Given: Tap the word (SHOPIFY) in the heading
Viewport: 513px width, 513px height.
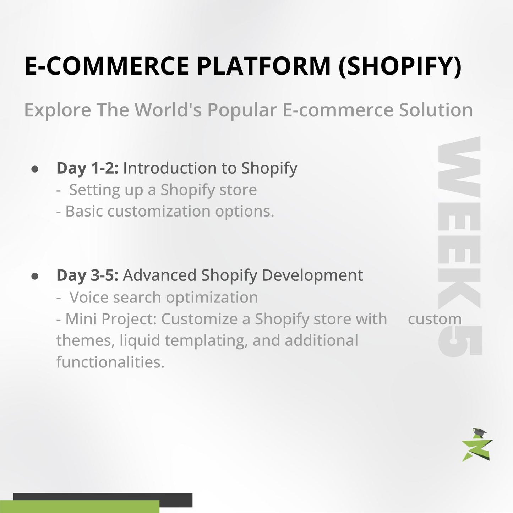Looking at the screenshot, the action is [400, 66].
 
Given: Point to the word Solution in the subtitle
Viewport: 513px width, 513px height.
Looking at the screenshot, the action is [436, 110].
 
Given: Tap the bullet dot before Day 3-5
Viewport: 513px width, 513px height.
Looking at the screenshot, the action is [35, 276].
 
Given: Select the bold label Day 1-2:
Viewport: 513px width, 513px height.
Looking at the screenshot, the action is [87, 168].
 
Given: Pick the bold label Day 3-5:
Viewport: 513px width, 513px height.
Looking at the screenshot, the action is [87, 275].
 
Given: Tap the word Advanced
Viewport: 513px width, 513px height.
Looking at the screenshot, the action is [159, 275].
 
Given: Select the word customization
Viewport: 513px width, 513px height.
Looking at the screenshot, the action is [159, 212].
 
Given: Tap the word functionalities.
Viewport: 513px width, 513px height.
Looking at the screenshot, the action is [110, 362].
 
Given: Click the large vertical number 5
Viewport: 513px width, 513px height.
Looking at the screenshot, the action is [460, 340].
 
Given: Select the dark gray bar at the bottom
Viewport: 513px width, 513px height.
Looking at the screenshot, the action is [103, 497].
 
